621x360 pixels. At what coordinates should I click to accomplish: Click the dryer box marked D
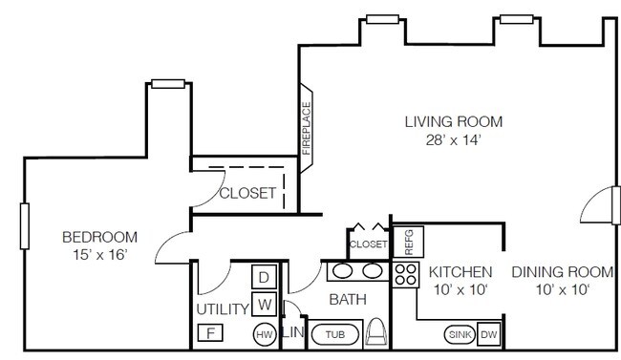point(264,277)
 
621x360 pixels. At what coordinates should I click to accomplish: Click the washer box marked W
point(264,305)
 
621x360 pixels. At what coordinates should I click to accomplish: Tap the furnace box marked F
point(210,332)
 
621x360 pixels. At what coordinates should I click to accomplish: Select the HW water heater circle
point(265,334)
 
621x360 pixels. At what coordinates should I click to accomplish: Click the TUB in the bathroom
point(335,334)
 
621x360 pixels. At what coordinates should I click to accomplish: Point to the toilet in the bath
point(375,332)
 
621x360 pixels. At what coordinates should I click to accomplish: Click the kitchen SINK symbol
point(460,334)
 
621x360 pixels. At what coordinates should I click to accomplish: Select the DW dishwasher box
point(489,334)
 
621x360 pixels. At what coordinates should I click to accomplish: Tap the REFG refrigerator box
point(408,242)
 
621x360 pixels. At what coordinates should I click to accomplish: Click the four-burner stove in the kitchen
point(406,275)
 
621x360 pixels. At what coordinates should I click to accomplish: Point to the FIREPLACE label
point(306,128)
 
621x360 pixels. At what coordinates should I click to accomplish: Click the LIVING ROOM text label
point(454,121)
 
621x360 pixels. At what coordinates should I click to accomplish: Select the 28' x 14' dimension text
point(454,139)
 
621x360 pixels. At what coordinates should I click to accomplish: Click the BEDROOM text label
point(99,237)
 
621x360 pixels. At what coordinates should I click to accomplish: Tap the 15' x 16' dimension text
point(99,255)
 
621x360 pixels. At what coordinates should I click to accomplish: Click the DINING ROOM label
point(563,272)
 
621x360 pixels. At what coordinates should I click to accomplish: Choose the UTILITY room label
point(223,309)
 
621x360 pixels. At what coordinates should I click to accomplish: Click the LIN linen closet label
point(293,332)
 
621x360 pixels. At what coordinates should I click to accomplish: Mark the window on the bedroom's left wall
point(25,226)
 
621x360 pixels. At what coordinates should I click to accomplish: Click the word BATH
point(348,300)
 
